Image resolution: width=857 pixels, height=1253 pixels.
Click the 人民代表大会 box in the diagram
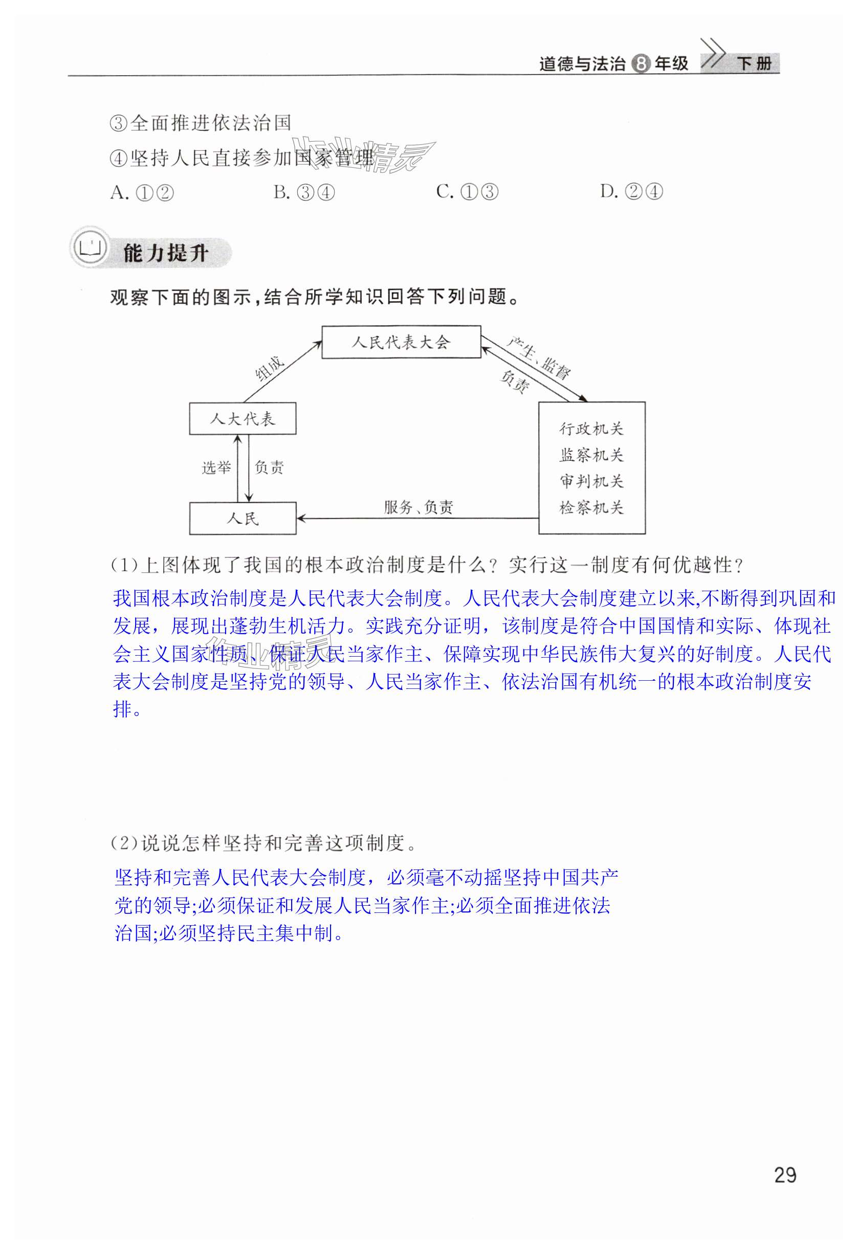401,342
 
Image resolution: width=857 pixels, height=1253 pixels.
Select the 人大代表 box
242,418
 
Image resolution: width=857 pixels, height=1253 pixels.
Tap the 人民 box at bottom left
243,519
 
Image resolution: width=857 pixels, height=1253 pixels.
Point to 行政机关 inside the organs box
591,429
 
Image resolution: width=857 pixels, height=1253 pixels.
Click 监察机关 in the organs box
591,455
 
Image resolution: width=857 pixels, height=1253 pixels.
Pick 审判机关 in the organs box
591,481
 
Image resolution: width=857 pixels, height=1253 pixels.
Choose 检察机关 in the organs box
591,507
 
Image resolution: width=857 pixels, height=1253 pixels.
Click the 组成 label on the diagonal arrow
270,368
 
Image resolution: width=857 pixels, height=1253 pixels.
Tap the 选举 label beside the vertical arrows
216,467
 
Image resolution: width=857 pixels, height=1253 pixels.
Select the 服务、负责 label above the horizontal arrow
419,507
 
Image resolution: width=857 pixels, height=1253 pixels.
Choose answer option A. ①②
142,192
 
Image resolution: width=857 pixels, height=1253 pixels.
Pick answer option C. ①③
467,191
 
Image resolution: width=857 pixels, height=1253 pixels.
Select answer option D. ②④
631,191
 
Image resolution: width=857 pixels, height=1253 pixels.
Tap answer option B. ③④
304,192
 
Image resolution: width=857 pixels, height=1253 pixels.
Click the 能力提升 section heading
166,253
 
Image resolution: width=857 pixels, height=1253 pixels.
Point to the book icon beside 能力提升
90,250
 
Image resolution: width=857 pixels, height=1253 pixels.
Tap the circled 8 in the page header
640,63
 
